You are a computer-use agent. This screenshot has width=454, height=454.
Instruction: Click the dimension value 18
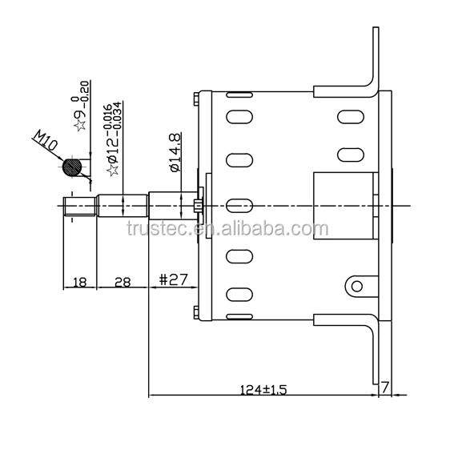point(79,282)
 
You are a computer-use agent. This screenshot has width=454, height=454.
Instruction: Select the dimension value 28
point(122,282)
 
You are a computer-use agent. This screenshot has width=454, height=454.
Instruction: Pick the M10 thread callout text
point(46,144)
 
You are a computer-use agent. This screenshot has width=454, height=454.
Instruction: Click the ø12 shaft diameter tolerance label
point(114,141)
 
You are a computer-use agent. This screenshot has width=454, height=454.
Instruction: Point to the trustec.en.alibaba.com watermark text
point(227,230)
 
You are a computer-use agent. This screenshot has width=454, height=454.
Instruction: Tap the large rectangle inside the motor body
point(343,205)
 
